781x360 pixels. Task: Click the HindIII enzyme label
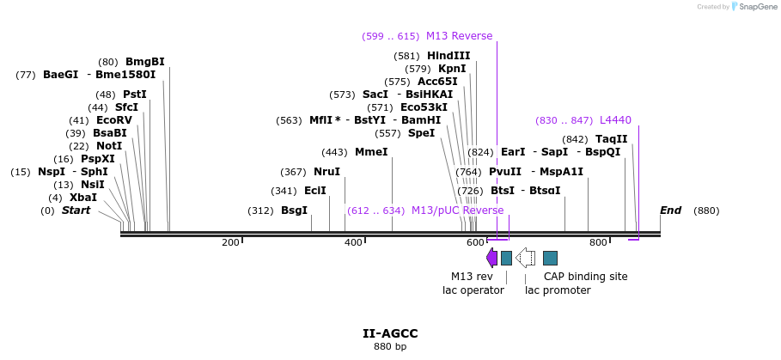pos(448,56)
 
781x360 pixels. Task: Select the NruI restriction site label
pos(326,172)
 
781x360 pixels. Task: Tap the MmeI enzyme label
pos(371,152)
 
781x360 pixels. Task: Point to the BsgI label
pos(294,211)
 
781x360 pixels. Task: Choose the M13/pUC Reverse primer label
pos(457,211)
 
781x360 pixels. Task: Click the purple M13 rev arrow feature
pos(491,258)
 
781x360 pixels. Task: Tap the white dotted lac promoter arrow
pos(526,258)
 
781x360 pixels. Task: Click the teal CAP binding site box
pos(551,258)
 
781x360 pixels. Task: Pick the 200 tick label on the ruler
pos(230,243)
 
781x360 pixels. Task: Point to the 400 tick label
pos(353,243)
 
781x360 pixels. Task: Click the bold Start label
pos(76,211)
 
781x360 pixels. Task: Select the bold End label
pos(670,211)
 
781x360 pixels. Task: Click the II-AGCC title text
pos(390,333)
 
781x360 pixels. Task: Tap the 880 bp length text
pos(390,347)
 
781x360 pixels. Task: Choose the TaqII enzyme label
pos(612,139)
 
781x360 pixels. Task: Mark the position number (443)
pos(334,152)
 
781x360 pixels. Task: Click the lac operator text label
pos(473,290)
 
